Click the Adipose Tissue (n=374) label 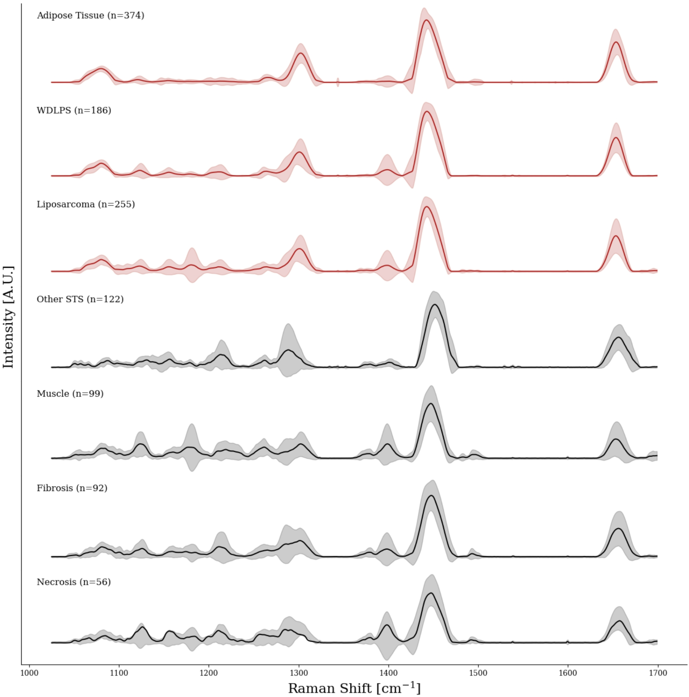(90, 15)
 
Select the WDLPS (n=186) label (74, 110)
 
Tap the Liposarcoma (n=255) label (85, 204)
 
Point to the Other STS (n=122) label (80, 299)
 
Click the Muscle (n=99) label (70, 394)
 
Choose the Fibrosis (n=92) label (72, 488)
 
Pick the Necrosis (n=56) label (74, 582)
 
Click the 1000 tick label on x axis (29, 673)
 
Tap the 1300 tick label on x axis (299, 673)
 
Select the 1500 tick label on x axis (478, 673)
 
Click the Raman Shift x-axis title (354, 688)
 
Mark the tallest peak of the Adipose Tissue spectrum (427, 20)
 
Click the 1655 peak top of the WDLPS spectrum (616, 137)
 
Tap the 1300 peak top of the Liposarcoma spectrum (299, 249)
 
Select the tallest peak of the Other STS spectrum (435, 305)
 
